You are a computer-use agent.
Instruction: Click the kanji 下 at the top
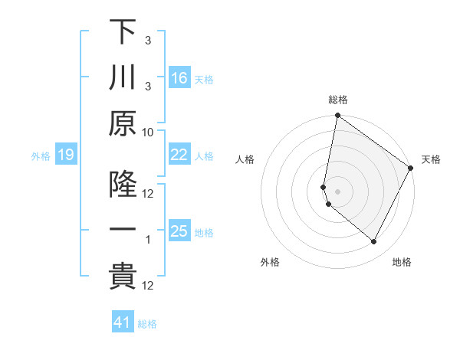123,31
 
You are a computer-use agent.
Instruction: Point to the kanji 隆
123,184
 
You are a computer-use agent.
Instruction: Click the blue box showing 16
179,77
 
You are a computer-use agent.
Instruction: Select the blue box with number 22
179,155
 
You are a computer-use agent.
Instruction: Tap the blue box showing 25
179,231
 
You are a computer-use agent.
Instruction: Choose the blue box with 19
66,155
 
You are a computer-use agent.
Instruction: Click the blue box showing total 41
123,322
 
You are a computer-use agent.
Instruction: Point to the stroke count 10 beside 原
148,132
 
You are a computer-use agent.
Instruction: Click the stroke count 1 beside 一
149,240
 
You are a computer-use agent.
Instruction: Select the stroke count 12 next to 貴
148,286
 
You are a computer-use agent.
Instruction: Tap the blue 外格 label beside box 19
41,156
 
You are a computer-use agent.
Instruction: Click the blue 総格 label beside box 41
147,324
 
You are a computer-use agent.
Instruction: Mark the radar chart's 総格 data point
337,116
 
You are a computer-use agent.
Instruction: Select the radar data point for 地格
374,242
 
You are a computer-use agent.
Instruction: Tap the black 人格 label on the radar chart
245,159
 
